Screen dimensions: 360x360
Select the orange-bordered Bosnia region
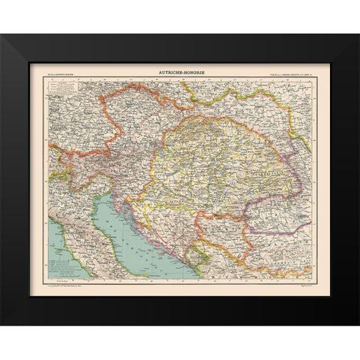176,225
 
